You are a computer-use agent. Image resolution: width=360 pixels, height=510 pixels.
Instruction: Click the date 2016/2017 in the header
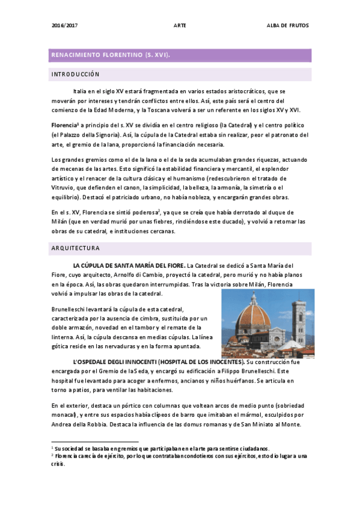(x=65, y=26)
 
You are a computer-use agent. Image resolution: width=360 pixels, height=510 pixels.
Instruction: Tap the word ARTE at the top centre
(x=179, y=26)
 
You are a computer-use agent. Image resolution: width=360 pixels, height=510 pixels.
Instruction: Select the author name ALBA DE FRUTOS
(x=288, y=26)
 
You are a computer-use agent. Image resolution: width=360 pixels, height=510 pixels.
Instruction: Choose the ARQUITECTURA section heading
(x=76, y=248)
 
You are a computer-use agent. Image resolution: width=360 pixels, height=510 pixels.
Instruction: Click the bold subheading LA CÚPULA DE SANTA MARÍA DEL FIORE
(x=129, y=265)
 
